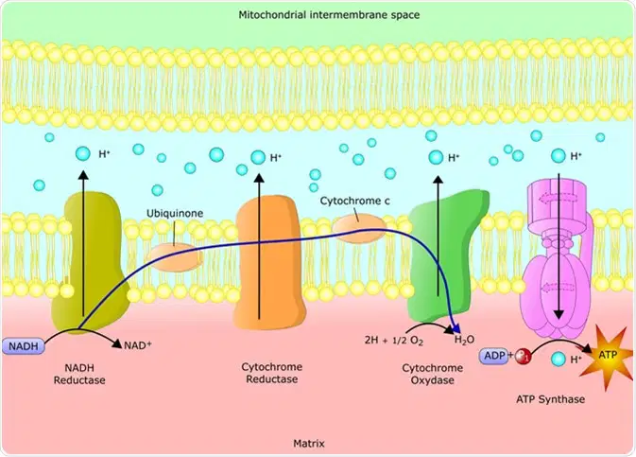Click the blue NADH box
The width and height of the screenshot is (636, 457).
(24, 346)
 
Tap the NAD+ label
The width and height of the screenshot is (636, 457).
(138, 345)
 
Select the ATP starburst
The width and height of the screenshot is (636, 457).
(608, 357)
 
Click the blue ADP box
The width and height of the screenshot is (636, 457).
(494, 356)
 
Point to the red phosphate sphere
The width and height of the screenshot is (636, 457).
(523, 357)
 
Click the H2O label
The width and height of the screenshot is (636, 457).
(464, 340)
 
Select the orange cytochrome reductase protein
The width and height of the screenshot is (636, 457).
(269, 262)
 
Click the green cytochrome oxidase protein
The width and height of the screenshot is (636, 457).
(445, 261)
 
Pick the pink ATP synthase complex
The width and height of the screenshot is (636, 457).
(558, 260)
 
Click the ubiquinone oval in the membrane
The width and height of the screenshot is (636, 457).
(174, 258)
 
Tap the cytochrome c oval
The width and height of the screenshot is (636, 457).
(358, 228)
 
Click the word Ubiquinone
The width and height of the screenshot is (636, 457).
(175, 213)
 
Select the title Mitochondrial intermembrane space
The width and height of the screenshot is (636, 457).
(329, 15)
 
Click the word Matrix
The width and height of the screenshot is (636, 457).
(309, 443)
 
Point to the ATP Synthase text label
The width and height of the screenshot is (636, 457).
(550, 399)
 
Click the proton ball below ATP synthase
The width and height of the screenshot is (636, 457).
(559, 359)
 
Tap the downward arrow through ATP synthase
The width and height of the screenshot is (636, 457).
(559, 247)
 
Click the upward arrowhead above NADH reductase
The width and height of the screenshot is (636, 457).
(83, 175)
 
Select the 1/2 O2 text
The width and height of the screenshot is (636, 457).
(407, 341)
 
